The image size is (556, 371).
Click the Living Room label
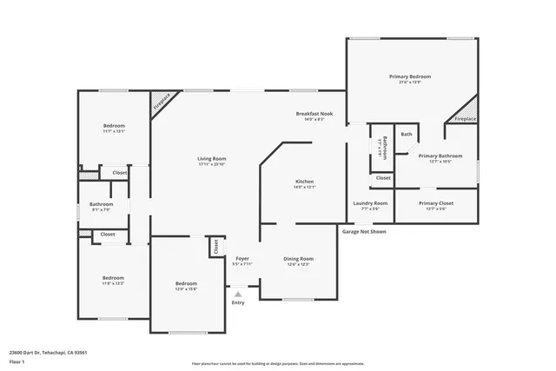tap(211, 159)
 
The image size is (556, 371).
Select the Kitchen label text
tap(304, 181)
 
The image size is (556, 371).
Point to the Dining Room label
tap(299, 259)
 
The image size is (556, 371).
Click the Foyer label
tap(243, 259)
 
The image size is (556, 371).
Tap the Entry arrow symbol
tap(238, 294)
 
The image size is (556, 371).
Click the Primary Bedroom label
tap(409, 76)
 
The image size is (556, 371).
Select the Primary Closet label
tap(436, 203)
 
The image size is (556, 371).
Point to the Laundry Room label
tap(370, 203)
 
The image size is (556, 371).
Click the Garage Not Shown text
tap(364, 232)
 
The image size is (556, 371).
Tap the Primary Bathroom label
tap(440, 156)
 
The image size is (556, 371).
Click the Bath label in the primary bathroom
tap(407, 135)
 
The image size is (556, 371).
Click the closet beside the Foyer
tap(214, 247)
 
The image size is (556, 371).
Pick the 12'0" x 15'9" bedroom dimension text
tap(186, 289)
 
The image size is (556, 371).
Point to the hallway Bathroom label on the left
tap(102, 204)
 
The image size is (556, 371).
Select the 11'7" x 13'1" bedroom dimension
tap(114, 131)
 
